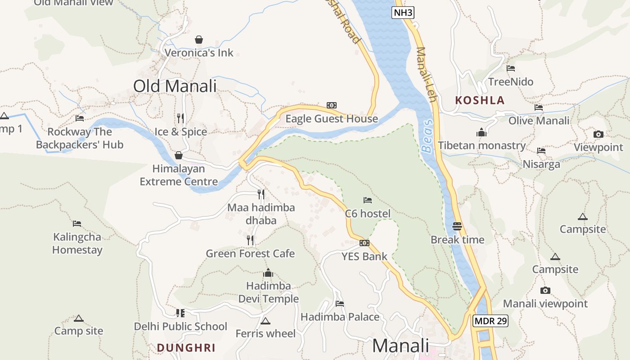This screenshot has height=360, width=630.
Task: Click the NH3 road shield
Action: [403, 13]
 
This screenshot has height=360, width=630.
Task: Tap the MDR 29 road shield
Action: [490, 321]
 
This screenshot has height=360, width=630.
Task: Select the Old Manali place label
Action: [175, 86]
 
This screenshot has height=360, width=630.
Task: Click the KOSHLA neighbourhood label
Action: [480, 100]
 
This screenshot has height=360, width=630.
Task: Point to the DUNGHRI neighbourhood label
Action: [186, 348]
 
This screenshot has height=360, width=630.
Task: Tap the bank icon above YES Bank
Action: [364, 243]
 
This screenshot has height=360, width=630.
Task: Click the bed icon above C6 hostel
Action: [368, 200]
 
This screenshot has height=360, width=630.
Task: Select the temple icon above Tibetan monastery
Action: [481, 132]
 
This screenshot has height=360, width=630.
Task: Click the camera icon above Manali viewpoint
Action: [545, 290]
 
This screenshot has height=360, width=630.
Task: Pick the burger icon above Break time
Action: [457, 226]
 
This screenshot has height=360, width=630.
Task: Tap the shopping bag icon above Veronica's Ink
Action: [199, 40]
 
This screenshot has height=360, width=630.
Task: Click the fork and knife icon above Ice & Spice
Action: [180, 118]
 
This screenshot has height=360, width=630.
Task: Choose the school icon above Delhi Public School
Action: [180, 313]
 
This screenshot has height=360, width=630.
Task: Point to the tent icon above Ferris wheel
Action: [265, 321]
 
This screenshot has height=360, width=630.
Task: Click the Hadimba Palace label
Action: [340, 317]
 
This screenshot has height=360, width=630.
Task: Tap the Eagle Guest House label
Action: [332, 119]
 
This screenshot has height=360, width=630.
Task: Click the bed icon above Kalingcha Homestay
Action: [77, 223]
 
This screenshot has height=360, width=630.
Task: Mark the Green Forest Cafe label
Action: [250, 254]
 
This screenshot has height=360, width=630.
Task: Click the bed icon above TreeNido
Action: [511, 68]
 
